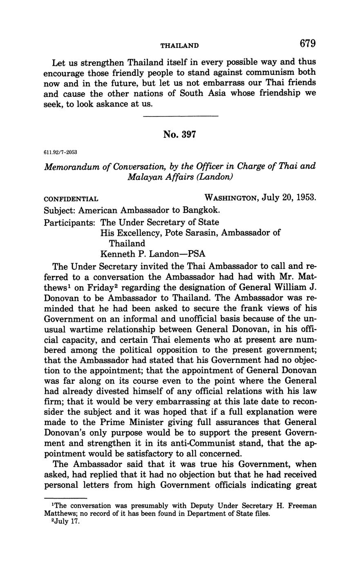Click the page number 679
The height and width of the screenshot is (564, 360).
(308, 43)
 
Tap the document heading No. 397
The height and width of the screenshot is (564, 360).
(180, 134)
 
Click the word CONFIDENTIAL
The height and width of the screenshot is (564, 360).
(71, 199)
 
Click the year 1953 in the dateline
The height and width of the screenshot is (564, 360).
(306, 198)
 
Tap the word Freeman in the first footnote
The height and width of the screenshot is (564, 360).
(302, 506)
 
